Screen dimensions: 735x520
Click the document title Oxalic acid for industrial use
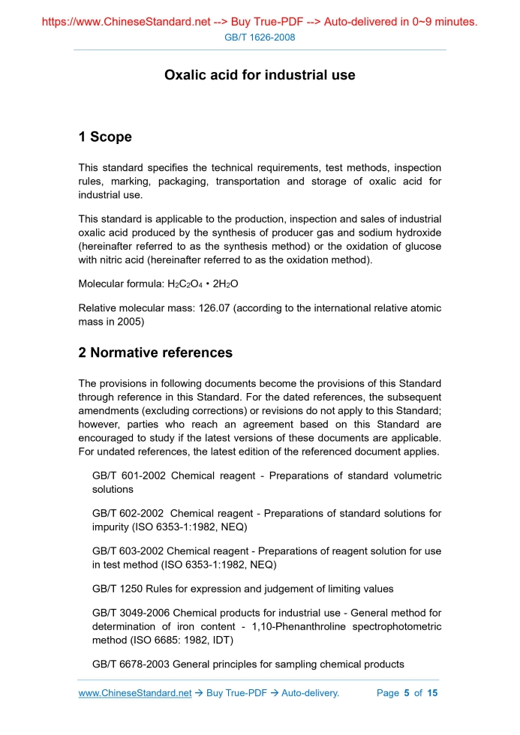click(x=260, y=75)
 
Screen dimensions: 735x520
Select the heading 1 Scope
click(x=105, y=136)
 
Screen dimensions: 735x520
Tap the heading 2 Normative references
click(x=155, y=352)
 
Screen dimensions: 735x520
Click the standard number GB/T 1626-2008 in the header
click(x=260, y=37)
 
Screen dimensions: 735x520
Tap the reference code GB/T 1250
click(x=117, y=589)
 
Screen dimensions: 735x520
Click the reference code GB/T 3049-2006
click(x=131, y=613)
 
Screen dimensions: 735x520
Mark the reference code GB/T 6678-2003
click(x=131, y=664)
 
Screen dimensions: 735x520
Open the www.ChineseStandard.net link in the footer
click(x=135, y=693)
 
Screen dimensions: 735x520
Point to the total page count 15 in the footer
click(x=432, y=693)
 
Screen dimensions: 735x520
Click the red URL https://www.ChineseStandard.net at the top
click(x=125, y=22)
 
